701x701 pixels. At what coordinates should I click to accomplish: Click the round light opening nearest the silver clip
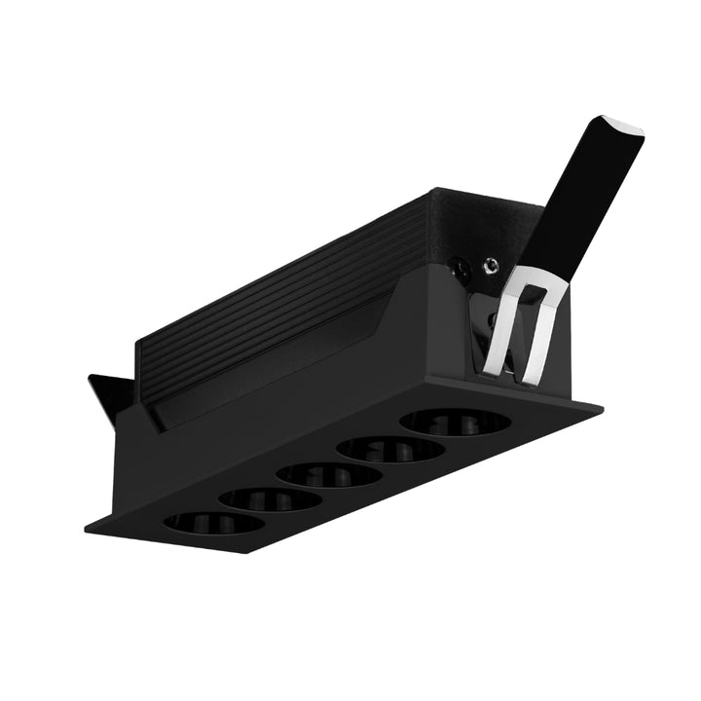pyautogui.click(x=455, y=422)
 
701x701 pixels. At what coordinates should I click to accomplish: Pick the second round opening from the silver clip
pyautogui.click(x=391, y=448)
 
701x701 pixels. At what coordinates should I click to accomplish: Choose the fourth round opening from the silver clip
pyautogui.click(x=270, y=498)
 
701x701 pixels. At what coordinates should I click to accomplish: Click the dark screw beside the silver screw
pyautogui.click(x=459, y=262)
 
